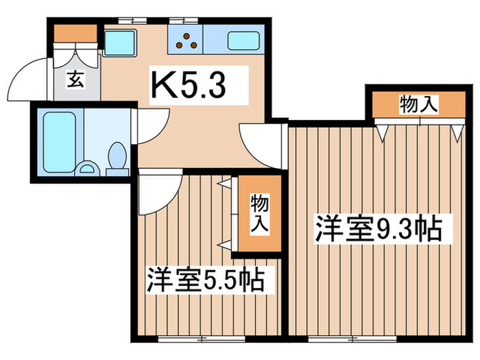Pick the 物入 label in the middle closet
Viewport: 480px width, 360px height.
tap(259, 213)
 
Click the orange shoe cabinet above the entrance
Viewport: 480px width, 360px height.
tap(76, 33)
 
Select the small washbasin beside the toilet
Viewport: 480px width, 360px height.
tap(88, 167)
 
